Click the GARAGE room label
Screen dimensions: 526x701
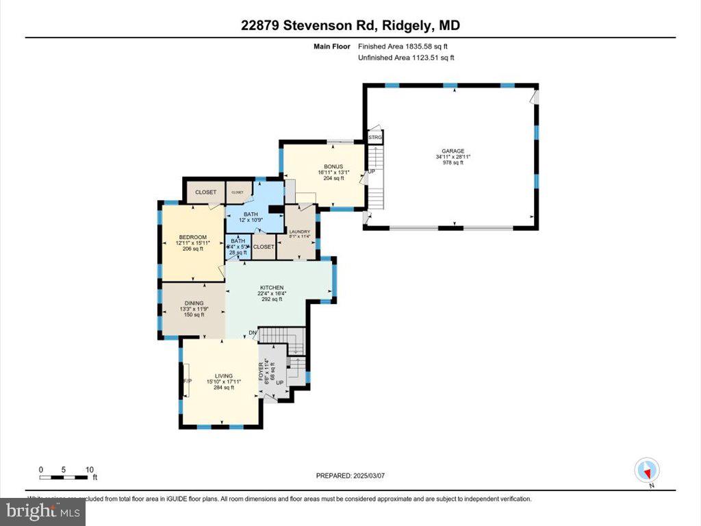[453, 151]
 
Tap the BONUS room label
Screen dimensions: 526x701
[333, 166]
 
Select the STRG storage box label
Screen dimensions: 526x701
[375, 138]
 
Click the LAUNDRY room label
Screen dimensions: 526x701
[298, 231]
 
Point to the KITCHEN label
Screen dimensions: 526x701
[271, 288]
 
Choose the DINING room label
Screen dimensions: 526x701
[194, 303]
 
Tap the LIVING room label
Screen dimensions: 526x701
[223, 376]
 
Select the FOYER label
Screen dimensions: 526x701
[261, 371]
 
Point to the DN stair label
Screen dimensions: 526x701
[253, 334]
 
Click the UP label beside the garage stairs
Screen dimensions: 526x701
[372, 171]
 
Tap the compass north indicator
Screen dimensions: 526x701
[647, 472]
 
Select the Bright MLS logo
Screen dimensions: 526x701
[42, 510]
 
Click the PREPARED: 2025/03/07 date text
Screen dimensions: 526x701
[355, 475]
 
